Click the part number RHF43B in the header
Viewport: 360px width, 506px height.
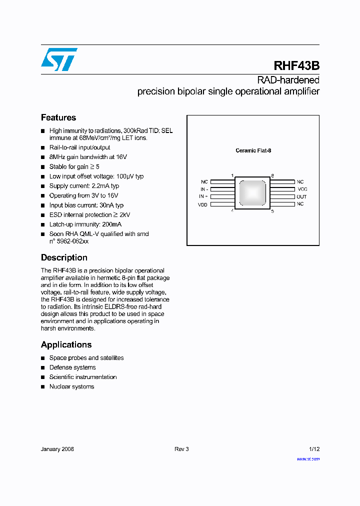[296, 66]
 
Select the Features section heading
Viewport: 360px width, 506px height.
[58, 117]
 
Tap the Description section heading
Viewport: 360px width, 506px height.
[64, 257]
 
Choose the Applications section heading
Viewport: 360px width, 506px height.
[66, 344]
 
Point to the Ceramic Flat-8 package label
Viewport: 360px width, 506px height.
[253, 150]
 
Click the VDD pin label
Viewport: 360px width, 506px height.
[202, 204]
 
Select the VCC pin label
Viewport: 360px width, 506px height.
[302, 189]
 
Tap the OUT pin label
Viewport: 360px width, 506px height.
[301, 197]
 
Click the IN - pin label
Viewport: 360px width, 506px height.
[203, 189]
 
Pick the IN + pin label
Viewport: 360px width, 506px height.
[203, 197]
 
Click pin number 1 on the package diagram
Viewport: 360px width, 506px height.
[232, 175]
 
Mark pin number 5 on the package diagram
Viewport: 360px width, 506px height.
[272, 211]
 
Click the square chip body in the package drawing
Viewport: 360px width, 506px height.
[252, 193]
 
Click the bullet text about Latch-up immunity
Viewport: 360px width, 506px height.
[85, 224]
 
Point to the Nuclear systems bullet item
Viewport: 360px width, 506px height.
[71, 386]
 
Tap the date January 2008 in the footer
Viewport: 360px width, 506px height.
[57, 449]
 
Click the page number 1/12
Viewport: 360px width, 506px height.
[314, 449]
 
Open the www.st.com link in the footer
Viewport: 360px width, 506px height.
[308, 458]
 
